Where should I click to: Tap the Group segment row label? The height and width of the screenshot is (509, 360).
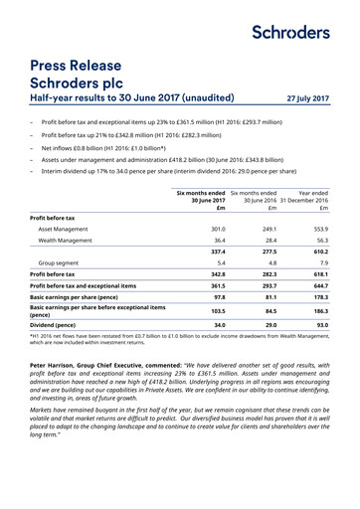tap(58, 292)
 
